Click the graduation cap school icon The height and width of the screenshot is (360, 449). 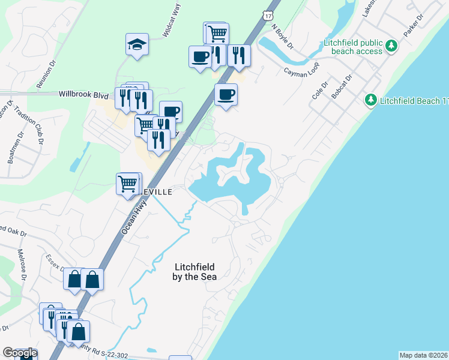137,44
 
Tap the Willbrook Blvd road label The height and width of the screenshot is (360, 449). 83,95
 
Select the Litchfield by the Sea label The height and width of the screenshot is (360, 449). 194,272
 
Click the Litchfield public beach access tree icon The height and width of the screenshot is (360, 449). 392,46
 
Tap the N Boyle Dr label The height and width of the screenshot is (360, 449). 282,36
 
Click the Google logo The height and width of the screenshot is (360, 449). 20,353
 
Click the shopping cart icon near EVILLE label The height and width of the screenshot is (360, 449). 127,183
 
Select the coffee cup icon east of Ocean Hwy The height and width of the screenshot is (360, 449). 226,94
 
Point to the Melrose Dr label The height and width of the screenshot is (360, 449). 23,265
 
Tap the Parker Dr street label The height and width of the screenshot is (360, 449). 410,40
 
